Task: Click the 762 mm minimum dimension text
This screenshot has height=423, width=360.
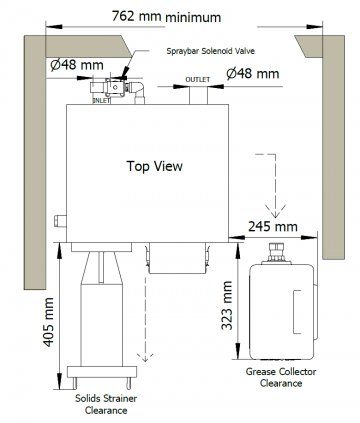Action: pos(166,16)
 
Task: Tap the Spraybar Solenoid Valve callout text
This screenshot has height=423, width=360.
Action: pos(211,51)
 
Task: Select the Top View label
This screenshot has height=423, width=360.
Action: pos(155,166)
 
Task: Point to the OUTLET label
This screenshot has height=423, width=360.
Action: pos(198,80)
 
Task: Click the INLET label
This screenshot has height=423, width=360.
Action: pos(101,100)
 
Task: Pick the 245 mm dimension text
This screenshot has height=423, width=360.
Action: pos(273,226)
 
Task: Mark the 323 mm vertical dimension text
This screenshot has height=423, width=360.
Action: pos(227,305)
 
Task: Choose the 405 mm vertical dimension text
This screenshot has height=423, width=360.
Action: pos(49,322)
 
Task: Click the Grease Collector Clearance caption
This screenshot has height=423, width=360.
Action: pos(281,377)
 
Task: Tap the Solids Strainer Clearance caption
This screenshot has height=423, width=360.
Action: pos(106,404)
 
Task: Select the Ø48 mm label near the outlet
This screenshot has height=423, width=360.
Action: pos(253,73)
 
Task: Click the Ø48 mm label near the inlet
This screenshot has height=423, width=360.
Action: pos(77,65)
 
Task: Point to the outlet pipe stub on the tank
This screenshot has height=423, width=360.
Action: pos(198,95)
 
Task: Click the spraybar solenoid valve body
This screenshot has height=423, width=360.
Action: pos(115,88)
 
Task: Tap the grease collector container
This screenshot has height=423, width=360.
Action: pos(282,312)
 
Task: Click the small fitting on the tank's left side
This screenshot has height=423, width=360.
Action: pos(60,221)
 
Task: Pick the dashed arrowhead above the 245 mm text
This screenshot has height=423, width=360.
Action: pos(276,212)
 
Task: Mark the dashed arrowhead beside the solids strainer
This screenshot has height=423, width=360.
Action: pos(145,357)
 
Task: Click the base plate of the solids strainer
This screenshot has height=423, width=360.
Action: pos(102,372)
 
